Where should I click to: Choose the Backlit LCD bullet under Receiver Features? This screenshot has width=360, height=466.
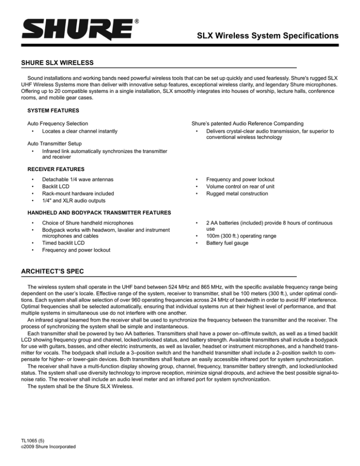tap(58, 187)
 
